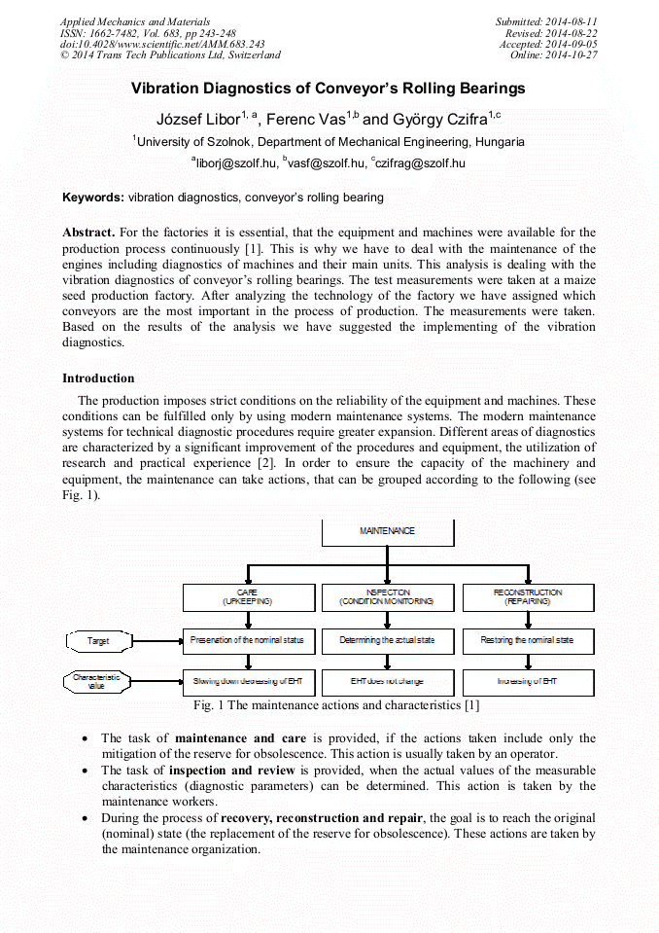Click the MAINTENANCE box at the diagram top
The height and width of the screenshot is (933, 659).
tap(387, 531)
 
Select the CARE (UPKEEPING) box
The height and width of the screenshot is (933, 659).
tap(248, 597)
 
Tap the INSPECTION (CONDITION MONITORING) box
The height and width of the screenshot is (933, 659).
tap(387, 597)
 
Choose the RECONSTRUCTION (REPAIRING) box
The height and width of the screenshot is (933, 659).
tap(528, 597)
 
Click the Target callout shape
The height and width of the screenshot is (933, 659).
tap(98, 641)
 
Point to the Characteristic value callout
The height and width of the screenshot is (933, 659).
tap(97, 681)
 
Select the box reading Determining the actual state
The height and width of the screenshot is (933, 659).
tap(387, 641)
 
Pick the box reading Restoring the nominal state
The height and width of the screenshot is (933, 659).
tap(528, 641)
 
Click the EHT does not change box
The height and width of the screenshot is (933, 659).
tap(387, 682)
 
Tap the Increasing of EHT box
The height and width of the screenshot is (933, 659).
tap(528, 682)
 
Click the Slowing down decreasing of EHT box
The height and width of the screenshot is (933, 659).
tap(248, 682)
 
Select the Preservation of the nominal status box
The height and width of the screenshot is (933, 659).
tap(248, 641)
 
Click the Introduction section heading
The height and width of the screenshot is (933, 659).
tap(98, 378)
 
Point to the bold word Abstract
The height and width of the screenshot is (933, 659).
tap(88, 233)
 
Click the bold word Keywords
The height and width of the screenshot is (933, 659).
tap(93, 197)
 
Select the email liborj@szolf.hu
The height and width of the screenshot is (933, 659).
tap(235, 163)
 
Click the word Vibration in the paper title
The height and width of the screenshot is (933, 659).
tap(166, 89)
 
